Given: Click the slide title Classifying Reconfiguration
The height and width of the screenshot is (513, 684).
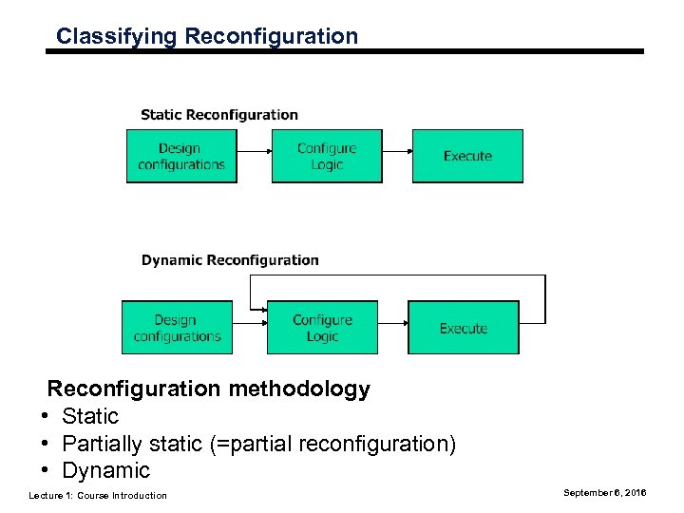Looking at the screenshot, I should (207, 37).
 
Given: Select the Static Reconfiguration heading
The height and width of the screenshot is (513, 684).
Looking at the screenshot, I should (219, 115).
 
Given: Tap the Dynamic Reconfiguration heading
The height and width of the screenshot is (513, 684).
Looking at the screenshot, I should (230, 260).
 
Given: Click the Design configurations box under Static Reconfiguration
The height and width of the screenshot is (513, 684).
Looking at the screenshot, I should (181, 156).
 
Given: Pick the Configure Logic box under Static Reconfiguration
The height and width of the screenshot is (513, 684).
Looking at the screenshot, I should (327, 156).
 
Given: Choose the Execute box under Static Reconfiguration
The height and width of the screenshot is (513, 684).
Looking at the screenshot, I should (467, 156).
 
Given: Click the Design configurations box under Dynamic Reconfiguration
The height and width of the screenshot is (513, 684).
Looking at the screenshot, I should (177, 328).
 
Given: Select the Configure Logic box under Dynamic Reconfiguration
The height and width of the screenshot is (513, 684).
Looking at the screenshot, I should (322, 328).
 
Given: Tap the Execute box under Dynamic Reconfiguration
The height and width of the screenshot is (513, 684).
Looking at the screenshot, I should (464, 328).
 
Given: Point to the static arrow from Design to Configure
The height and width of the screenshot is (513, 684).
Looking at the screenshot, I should (254, 152).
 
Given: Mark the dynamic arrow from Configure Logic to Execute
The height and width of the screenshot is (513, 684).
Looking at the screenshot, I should (392, 325).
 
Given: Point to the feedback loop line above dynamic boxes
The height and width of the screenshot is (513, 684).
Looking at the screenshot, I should (399, 275).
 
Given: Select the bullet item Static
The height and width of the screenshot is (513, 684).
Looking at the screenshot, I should (90, 416).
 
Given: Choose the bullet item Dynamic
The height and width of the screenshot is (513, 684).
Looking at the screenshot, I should (105, 470).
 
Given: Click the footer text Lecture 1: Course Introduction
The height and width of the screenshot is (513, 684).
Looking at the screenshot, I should (98, 496).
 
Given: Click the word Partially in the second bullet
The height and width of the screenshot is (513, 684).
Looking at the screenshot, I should (102, 444).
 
